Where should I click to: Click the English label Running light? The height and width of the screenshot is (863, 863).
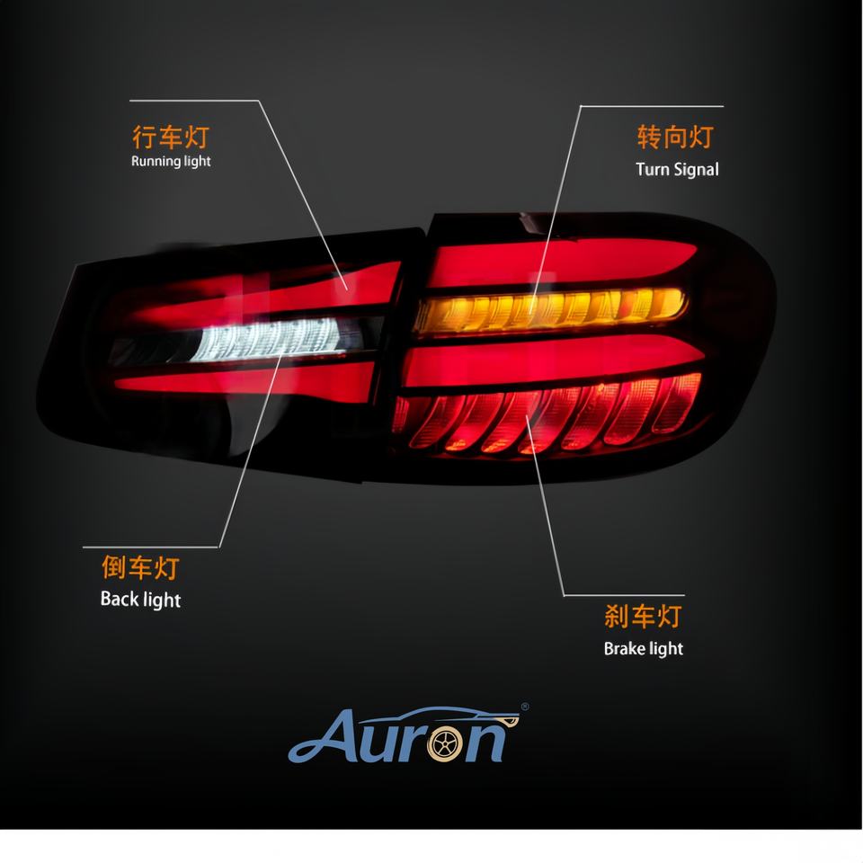point(171,162)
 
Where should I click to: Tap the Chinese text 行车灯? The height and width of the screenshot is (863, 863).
point(170,138)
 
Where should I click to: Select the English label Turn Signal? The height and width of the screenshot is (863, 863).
point(677,169)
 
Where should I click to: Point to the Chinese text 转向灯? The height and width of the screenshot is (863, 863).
point(675,137)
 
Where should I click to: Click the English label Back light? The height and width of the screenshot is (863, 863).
point(140,600)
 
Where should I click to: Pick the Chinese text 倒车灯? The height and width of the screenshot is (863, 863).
point(140,568)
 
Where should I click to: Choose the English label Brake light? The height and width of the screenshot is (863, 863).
point(643,648)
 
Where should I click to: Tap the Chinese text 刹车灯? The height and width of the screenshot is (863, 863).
point(643,617)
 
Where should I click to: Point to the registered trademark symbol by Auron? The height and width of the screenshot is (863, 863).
point(525,707)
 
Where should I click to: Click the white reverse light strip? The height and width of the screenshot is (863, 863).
point(261,342)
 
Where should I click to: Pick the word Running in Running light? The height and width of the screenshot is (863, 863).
point(155,162)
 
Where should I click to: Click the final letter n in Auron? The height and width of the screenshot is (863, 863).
point(489,742)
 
